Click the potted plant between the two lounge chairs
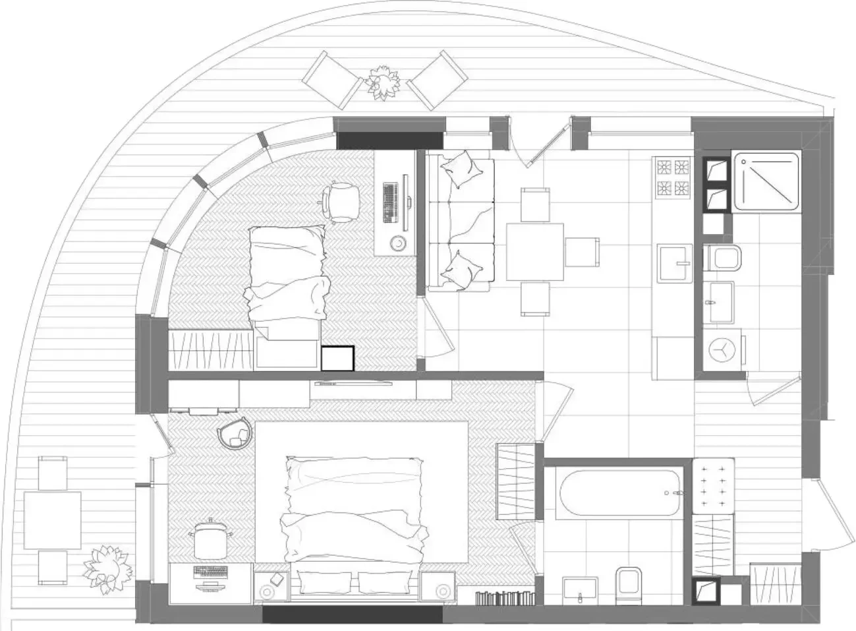[382, 82]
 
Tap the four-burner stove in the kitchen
[672, 177]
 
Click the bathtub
[618, 493]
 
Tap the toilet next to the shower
[723, 256]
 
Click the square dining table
[534, 252]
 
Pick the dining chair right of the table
[582, 251]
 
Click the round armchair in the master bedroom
[235, 433]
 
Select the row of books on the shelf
[505, 598]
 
